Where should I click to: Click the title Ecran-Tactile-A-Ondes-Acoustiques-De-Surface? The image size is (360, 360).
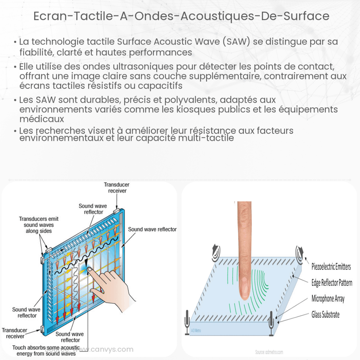[180, 16]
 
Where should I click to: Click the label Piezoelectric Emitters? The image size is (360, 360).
[331, 267]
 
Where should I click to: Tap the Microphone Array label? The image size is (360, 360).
[328, 299]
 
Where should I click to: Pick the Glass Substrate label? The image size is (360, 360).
[325, 315]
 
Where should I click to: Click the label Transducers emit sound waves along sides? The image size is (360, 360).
[39, 225]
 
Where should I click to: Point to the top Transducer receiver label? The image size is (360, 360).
[117, 188]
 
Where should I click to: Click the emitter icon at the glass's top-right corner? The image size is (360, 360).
[299, 252]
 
